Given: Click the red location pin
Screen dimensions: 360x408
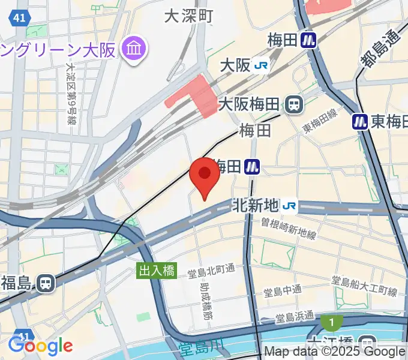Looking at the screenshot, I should click(x=204, y=176).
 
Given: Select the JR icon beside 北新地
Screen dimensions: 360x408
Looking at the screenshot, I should click(x=289, y=206).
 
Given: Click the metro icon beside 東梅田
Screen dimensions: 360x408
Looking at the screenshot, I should click(x=360, y=122).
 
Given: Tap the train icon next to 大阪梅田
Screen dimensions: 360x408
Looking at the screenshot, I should click(x=294, y=104).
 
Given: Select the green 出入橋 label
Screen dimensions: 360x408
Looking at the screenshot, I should click(x=157, y=271).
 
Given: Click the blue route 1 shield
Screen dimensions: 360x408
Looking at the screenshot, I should click(x=331, y=323).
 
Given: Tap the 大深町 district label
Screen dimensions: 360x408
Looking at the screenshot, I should click(x=189, y=17).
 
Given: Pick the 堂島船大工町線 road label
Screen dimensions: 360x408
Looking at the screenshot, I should click(x=365, y=287).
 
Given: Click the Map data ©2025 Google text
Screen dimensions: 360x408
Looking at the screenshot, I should click(x=335, y=352).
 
